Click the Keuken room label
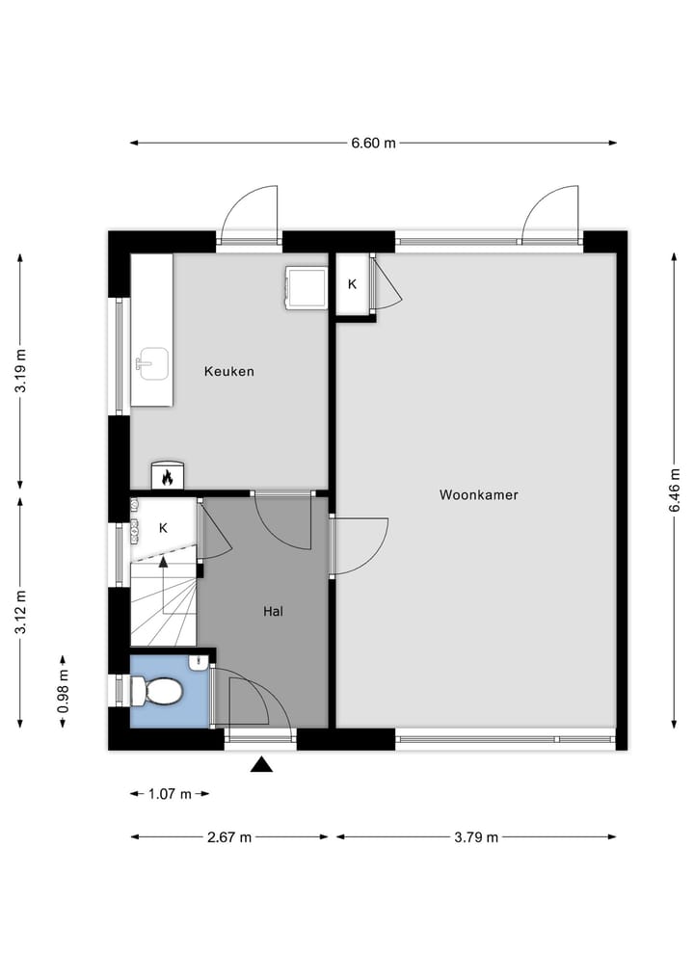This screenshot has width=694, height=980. (229, 371)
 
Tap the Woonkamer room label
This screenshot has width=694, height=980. (479, 495)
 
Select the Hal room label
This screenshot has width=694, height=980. (274, 611)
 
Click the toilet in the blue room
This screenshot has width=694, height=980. (158, 691)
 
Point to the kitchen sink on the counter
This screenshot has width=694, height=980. (151, 364)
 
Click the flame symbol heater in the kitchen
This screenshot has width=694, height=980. (167, 476)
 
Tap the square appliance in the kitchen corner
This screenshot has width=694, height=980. (306, 288)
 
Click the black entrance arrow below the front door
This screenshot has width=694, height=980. (261, 765)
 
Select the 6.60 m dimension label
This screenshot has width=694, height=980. (373, 143)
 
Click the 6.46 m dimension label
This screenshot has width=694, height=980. (674, 490)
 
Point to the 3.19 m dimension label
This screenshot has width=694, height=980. (20, 371)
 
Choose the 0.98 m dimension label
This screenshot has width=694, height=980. (63, 691)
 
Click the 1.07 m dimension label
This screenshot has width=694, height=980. (170, 794)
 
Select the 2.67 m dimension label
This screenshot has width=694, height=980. (229, 837)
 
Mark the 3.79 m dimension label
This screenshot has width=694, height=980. (476, 837)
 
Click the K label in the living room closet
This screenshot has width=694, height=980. (352, 284)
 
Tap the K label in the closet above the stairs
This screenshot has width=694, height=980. (163, 528)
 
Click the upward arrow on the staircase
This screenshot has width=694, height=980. (163, 560)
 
